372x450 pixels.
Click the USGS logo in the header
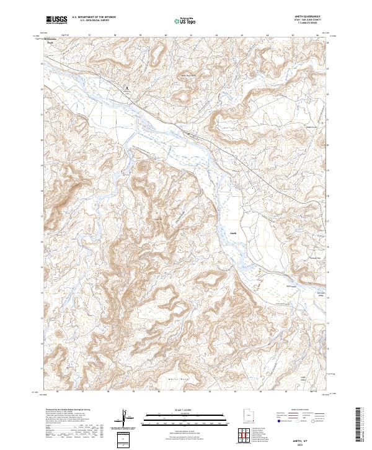click(56, 20)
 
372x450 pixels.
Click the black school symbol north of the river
click(126, 88)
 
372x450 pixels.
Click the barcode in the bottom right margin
click(359, 425)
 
